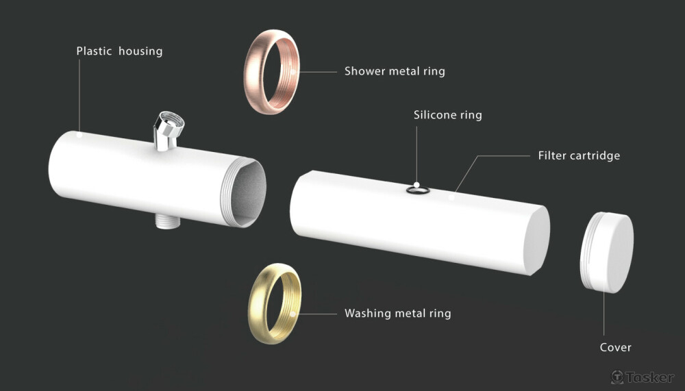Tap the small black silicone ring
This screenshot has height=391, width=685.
point(416,190)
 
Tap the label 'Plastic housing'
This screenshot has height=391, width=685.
point(119,51)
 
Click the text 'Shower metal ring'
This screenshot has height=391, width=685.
point(395,71)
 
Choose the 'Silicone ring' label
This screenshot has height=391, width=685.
point(447,114)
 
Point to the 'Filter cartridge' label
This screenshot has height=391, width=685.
point(579,155)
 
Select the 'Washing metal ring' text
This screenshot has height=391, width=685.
point(397,314)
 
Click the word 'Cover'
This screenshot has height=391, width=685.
point(615,347)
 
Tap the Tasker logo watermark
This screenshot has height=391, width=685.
point(642,377)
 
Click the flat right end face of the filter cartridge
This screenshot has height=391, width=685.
point(538,240)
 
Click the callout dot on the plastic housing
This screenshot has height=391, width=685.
point(79,135)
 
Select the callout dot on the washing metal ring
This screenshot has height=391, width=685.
point(293,314)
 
